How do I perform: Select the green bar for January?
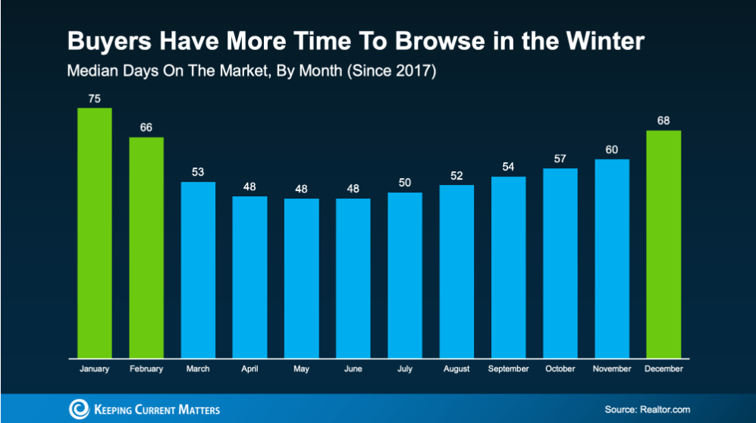point(95,232)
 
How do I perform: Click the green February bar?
point(146,247)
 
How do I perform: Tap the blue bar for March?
point(198,269)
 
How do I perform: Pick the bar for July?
point(405,274)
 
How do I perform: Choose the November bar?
point(612,258)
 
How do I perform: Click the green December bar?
point(663,243)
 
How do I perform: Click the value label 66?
point(146,127)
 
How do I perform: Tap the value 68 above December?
point(663,120)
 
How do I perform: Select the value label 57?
point(560,158)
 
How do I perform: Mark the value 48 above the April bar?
point(249,186)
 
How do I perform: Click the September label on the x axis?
point(509,369)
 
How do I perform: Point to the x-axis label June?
point(353,369)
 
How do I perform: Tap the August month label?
point(456,369)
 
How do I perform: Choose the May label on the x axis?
point(302,369)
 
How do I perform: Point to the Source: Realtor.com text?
point(648,409)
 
